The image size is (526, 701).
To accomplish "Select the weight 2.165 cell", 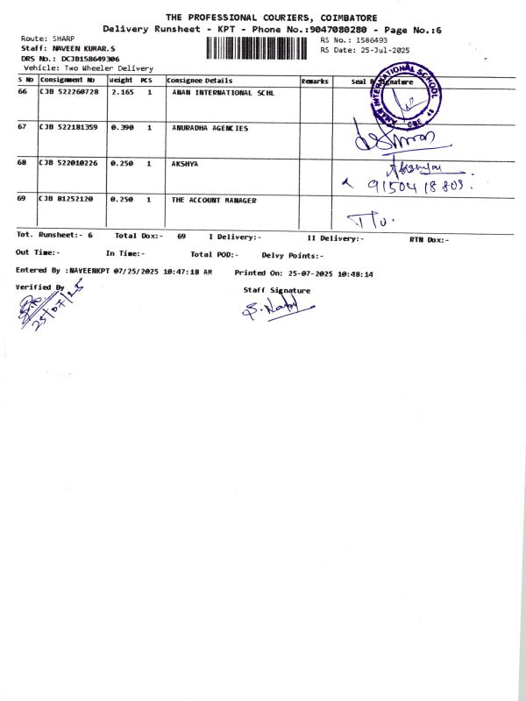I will click(123, 92).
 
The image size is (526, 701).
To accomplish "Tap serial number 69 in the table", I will click(22, 200).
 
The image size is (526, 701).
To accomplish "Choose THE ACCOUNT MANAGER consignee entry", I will click(214, 201).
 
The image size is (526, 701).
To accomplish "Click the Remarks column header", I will click(315, 81).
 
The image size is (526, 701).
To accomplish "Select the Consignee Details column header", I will click(200, 81).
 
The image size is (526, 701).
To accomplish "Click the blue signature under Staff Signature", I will click(276, 308).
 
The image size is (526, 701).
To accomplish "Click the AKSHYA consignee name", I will click(185, 164).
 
